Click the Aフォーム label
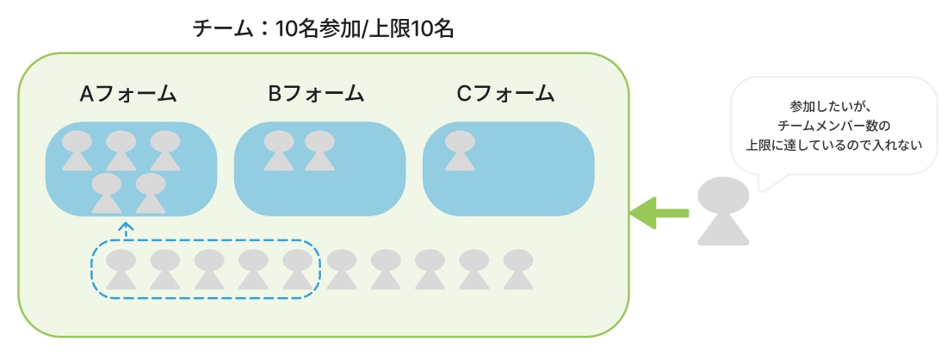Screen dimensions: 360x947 tap(128, 94)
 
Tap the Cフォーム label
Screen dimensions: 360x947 tap(506, 94)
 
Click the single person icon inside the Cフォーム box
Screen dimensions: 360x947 tap(460, 150)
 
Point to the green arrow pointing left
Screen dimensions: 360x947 tap(659, 213)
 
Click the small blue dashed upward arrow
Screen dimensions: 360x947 tap(127, 230)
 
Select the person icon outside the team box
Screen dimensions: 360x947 tap(721, 210)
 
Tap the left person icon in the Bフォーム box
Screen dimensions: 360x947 tap(276, 150)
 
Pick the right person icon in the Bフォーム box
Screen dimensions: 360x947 tap(319, 150)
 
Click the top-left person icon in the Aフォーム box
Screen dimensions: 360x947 tap(77, 150)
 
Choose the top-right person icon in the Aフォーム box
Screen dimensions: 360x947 tap(164, 150)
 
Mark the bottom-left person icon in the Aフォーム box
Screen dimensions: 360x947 tap(106, 193)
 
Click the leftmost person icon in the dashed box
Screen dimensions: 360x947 tap(121, 269)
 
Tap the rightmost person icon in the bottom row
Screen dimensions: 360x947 tap(517, 269)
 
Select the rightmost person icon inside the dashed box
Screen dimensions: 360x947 tap(297, 269)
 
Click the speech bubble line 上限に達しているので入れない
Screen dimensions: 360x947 tap(832, 145)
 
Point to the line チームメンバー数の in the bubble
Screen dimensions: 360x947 tap(832, 127)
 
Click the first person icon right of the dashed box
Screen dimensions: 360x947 tap(342, 269)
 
